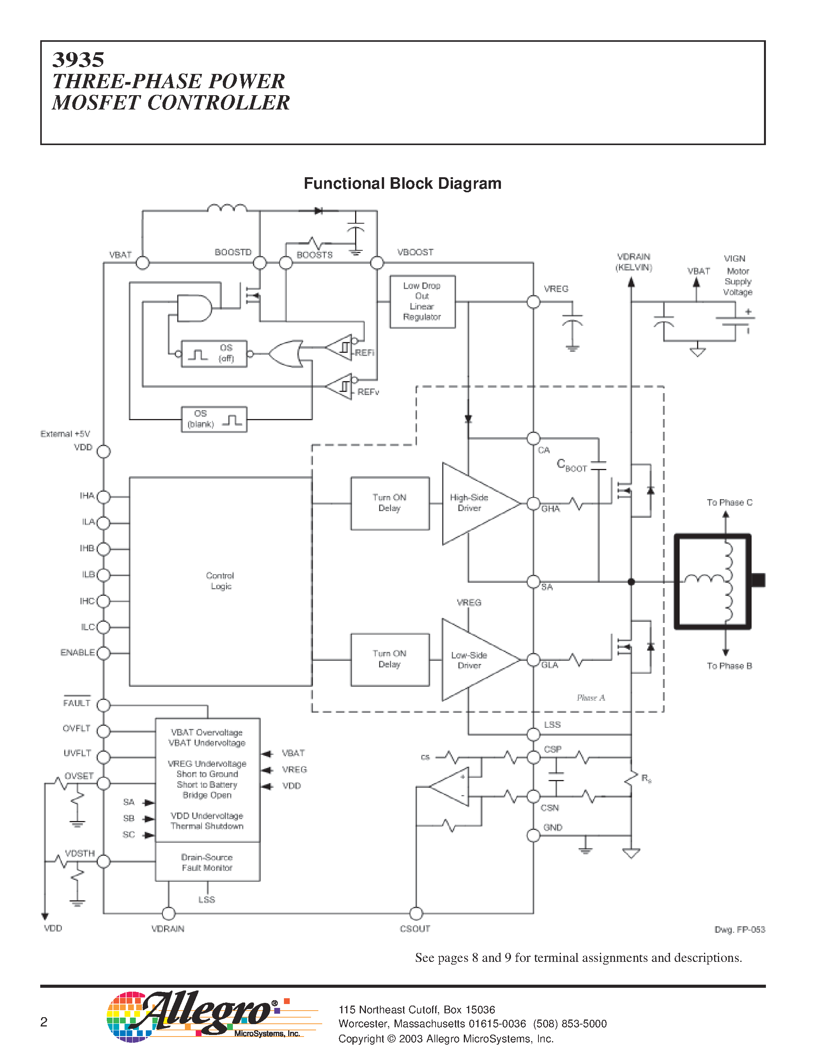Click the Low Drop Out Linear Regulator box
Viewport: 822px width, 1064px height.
[422, 301]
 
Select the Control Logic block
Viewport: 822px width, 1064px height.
[220, 581]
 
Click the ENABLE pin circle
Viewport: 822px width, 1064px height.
[103, 653]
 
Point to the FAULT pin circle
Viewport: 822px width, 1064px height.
[103, 705]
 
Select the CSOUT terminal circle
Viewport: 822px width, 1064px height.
[416, 913]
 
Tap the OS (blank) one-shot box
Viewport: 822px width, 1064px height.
[214, 419]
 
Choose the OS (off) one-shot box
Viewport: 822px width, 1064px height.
[214, 354]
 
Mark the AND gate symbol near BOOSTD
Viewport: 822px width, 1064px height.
[194, 308]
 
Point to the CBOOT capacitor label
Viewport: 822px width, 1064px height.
[572, 465]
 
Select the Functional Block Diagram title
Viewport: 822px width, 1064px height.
[402, 184]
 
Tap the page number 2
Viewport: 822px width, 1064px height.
[44, 1022]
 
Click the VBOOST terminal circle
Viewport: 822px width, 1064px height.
[377, 263]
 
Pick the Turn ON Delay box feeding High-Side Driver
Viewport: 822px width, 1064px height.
[390, 503]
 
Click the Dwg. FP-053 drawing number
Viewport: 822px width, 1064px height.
[739, 929]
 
